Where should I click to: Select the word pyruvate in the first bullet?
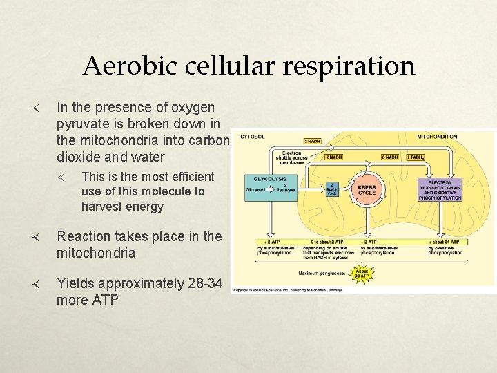pos(83,124)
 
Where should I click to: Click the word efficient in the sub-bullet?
pos(189,176)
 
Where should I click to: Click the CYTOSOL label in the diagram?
pos(252,137)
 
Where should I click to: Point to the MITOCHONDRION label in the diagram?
pos(436,137)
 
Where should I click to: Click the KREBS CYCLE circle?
pos(367,189)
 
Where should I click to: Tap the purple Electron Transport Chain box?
pos(440,189)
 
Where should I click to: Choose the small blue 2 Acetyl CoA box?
pos(333,189)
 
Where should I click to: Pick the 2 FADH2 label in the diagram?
pos(415,157)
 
